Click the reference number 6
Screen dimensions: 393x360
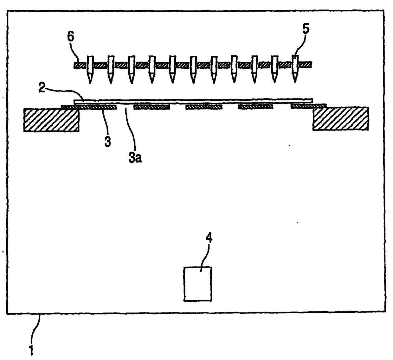point(70,37)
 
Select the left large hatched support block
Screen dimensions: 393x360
point(51,119)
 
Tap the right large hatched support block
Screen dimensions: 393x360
point(340,119)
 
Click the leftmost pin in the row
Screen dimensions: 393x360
point(90,68)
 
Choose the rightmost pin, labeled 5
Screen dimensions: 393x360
point(295,68)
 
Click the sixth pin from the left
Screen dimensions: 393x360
point(193,68)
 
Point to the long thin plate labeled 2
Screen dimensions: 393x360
point(193,101)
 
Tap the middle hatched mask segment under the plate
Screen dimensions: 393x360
point(204,107)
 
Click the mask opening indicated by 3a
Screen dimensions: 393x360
point(125,107)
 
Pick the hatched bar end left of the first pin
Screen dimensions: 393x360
point(80,65)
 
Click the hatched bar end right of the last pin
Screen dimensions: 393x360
point(306,65)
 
